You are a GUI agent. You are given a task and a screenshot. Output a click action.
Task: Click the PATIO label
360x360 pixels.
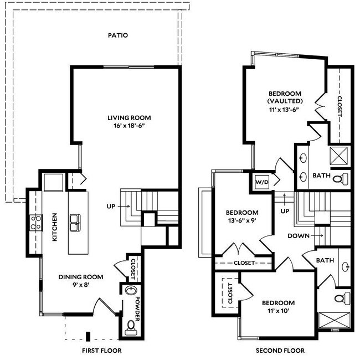point(117,35)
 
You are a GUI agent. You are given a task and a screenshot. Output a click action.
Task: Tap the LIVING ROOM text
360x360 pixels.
point(129,117)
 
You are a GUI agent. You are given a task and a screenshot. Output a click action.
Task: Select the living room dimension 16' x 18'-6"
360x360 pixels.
point(129,126)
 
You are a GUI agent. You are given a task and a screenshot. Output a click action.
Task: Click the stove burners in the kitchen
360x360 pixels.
point(35,222)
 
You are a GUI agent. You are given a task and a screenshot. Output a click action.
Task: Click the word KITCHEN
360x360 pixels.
point(55,228)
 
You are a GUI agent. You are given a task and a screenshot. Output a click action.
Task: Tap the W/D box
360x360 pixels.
point(261,182)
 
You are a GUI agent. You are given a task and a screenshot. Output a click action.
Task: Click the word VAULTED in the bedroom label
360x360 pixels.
point(285,101)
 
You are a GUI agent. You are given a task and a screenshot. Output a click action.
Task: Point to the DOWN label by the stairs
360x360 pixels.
point(298,235)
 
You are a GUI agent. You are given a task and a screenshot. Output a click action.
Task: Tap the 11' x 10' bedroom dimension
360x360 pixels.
point(278,311)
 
